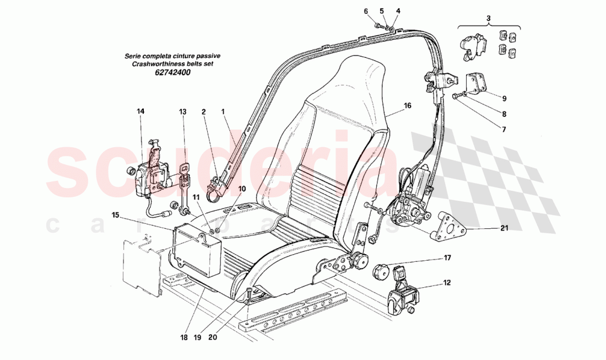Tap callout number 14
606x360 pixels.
pos(140,111)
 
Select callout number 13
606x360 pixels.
pos(183,111)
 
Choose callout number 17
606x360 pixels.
pos(447,257)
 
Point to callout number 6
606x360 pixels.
pos(365,10)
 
